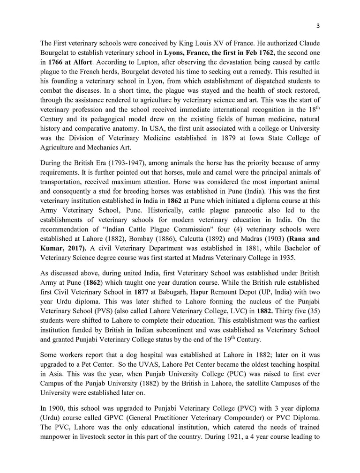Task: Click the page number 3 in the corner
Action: (318, 25)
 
